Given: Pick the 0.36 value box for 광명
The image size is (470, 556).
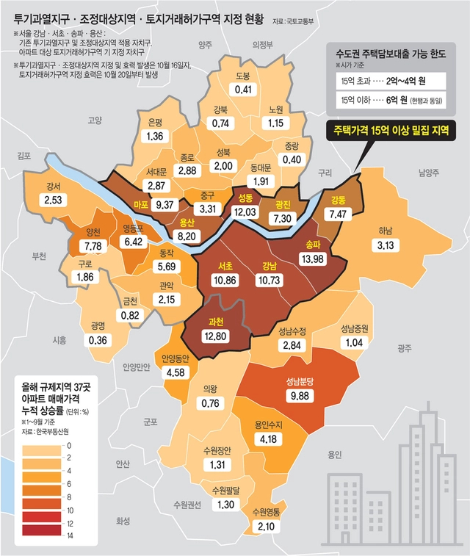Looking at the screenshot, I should [96, 340].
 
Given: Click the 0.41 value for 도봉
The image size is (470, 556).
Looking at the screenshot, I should [244, 90].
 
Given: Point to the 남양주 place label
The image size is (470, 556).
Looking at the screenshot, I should [428, 173].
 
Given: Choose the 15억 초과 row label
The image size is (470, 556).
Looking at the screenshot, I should [358, 79].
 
